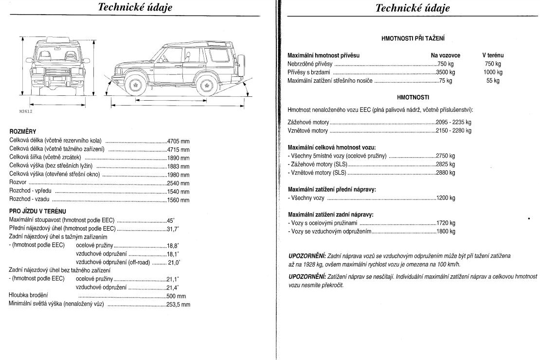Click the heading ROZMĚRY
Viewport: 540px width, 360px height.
[x=23, y=132]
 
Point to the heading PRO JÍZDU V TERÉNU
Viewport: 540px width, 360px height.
[x=37, y=211]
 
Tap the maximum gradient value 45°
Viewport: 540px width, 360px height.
[x=171, y=220]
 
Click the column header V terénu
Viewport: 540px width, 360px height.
[x=492, y=55]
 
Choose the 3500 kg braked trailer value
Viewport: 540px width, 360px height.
[x=445, y=72]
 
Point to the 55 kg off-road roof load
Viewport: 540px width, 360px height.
[x=492, y=81]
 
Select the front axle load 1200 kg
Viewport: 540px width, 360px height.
[x=446, y=198]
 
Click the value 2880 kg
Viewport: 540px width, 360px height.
[x=446, y=173]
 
